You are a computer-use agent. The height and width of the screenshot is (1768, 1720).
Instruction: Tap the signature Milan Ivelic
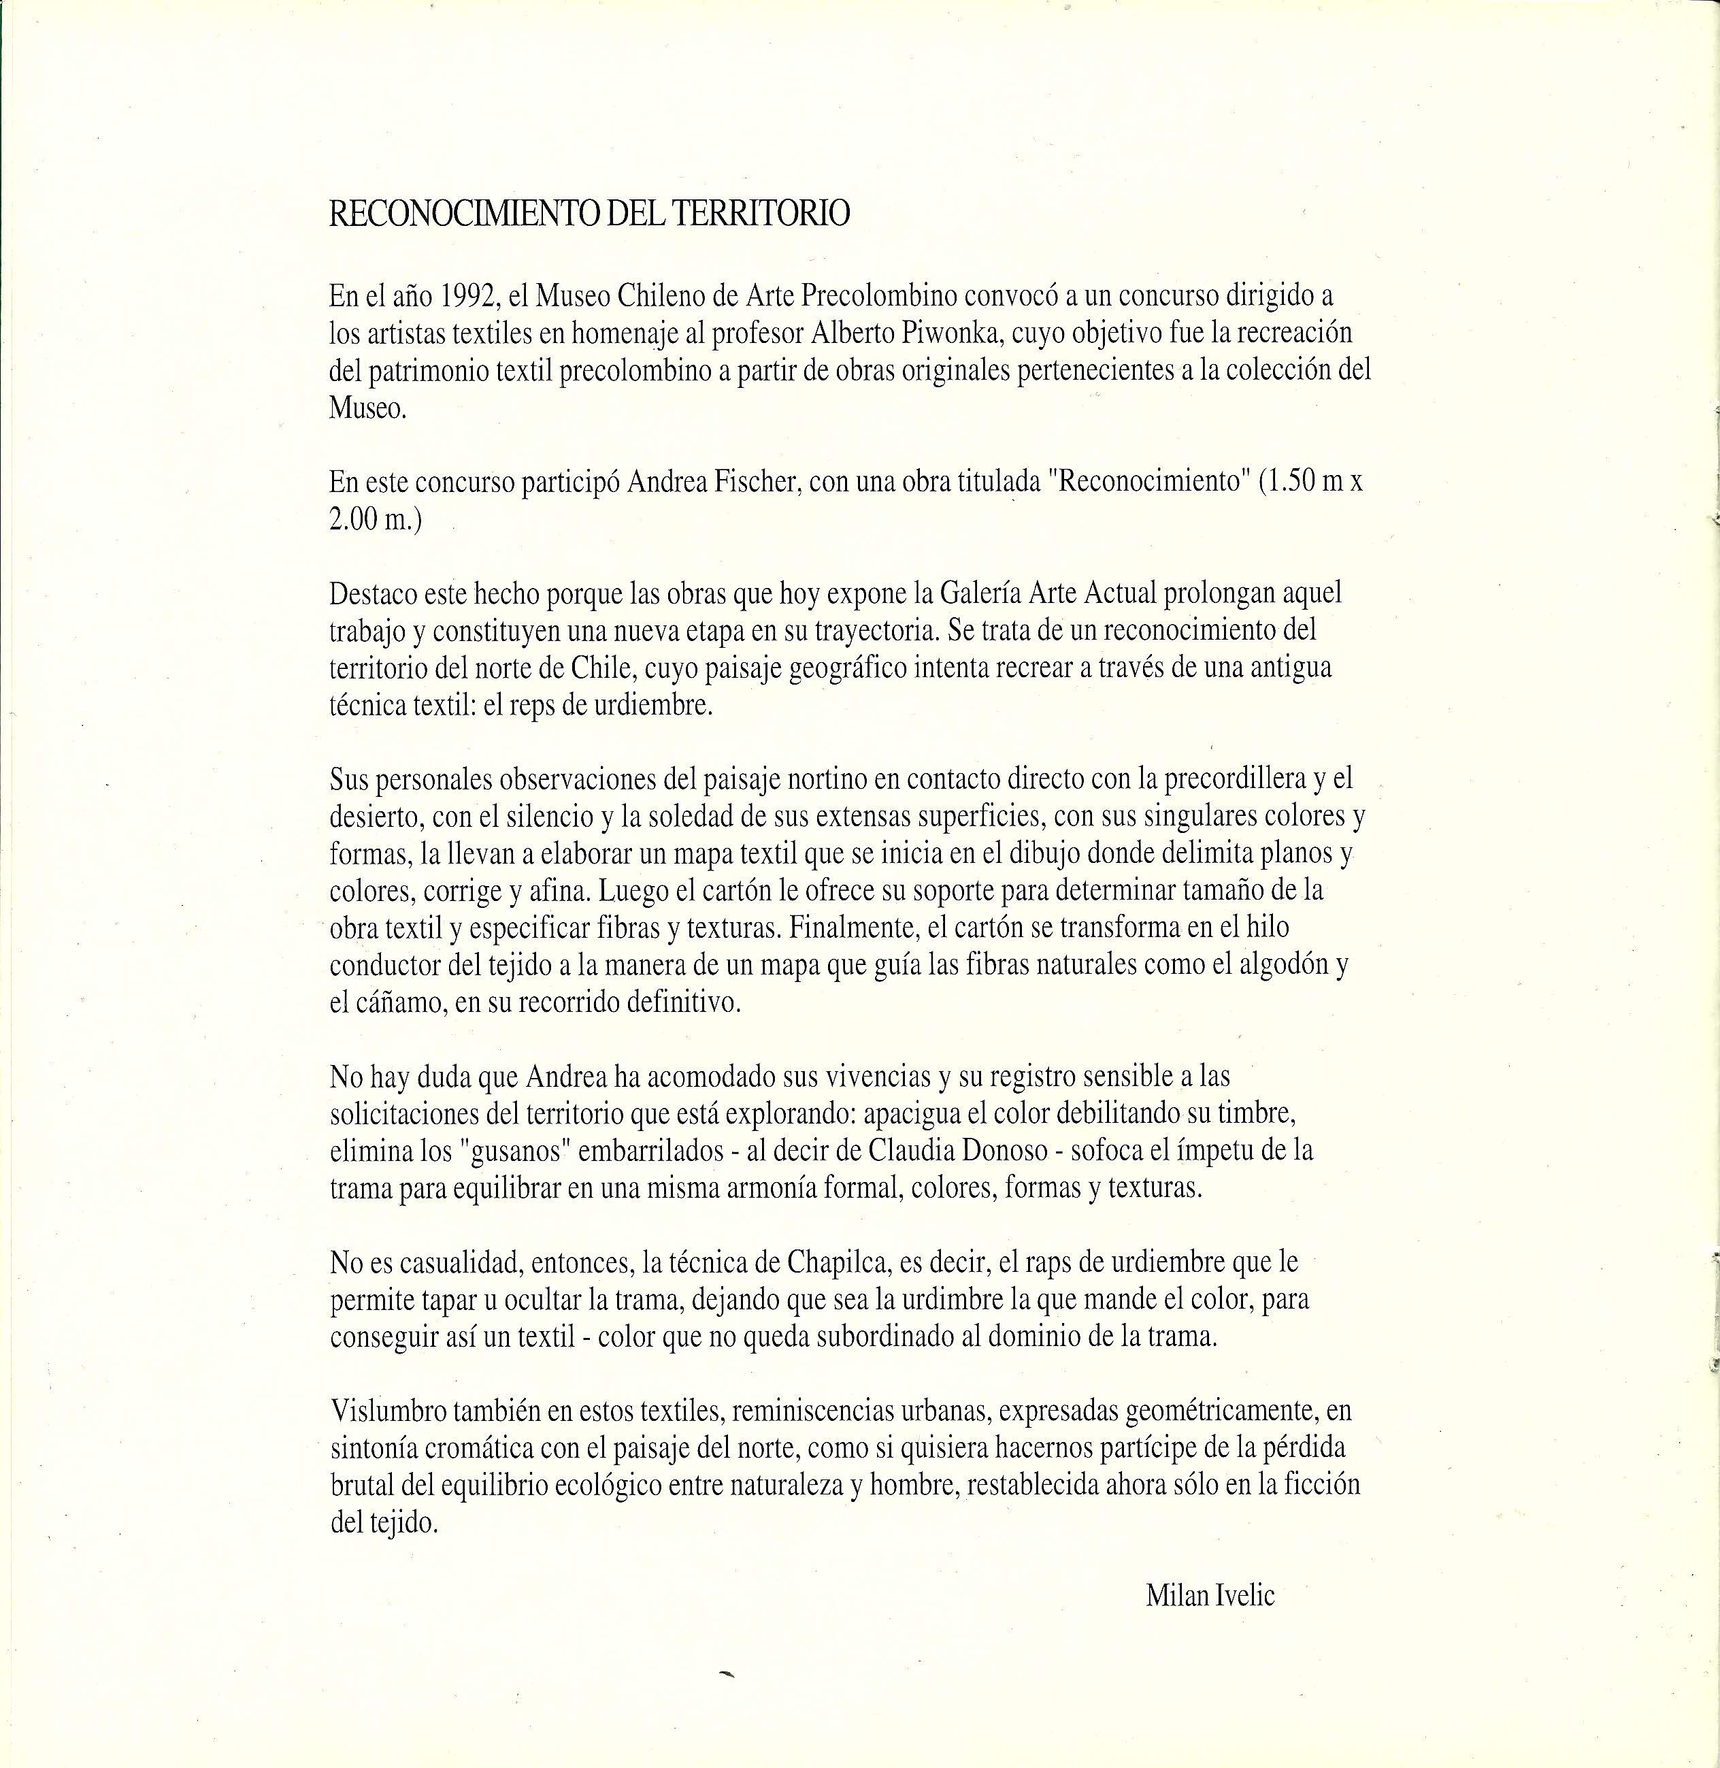1210,1597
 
